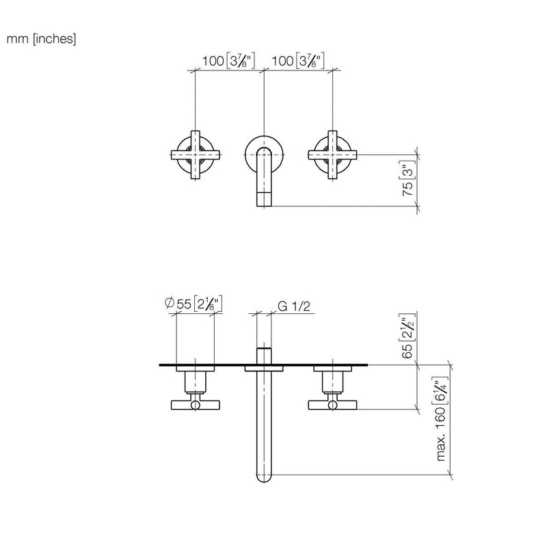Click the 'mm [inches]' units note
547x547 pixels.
point(41,39)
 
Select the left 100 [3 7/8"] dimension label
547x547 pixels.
point(228,61)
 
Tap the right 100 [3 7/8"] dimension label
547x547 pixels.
point(298,61)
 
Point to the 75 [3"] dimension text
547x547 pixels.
point(409,178)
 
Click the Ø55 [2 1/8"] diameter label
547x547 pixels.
point(194,304)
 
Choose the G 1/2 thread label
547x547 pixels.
point(294,306)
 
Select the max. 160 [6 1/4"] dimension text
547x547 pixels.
point(442,418)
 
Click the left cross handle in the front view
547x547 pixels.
point(195,155)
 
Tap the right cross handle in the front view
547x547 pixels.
point(332,155)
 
